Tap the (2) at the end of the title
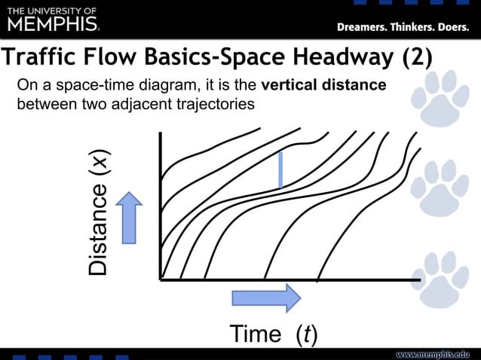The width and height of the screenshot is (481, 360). click(x=413, y=58)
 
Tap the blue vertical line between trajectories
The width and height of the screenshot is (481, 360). click(x=280, y=169)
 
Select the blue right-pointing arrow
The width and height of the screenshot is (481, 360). click(x=265, y=298)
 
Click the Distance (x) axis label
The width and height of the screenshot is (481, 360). click(x=99, y=210)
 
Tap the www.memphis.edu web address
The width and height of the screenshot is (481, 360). click(x=433, y=354)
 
